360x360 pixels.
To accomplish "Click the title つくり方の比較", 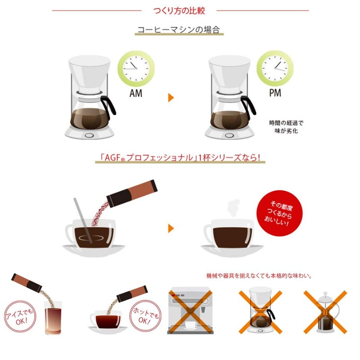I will [x=180, y=10].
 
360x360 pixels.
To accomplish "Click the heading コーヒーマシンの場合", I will [x=179, y=31].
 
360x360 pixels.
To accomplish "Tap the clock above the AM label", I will [x=136, y=69].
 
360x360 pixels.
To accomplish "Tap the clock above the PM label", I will [x=275, y=69].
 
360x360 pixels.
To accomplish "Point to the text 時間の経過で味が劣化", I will [x=283, y=127].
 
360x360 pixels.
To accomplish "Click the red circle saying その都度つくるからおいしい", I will [x=278, y=213].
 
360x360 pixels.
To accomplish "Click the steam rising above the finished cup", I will [x=232, y=208].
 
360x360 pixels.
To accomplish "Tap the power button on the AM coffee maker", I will [x=89, y=135].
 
